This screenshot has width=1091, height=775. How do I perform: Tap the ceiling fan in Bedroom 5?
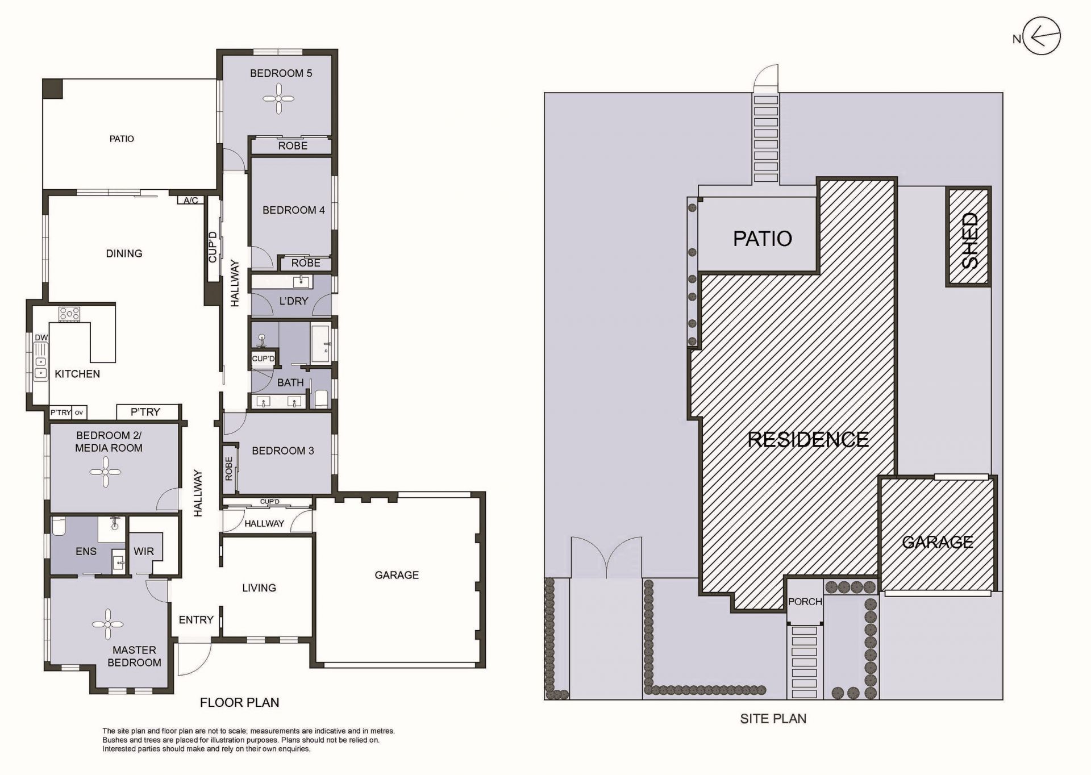(279, 99)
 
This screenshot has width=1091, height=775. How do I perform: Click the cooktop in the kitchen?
(69, 314)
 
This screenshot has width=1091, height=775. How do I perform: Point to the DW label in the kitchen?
(41, 338)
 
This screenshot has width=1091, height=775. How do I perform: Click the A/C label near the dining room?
(191, 200)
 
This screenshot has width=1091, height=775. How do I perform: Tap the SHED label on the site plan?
(970, 240)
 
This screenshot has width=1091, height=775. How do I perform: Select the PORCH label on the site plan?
(805, 601)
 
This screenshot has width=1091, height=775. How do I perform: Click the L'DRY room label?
(293, 301)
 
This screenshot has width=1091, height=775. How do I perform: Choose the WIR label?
(144, 551)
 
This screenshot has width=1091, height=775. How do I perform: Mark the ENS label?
(86, 551)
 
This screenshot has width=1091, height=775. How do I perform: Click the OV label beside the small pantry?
(79, 413)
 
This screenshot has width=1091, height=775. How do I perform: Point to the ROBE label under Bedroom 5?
(293, 145)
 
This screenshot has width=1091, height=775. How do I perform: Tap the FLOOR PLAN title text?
(239, 702)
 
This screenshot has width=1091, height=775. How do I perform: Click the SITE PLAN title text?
(773, 719)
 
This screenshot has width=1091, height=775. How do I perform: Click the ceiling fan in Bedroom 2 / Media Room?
(106, 471)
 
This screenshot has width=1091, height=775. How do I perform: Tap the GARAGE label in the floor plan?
(397, 575)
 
